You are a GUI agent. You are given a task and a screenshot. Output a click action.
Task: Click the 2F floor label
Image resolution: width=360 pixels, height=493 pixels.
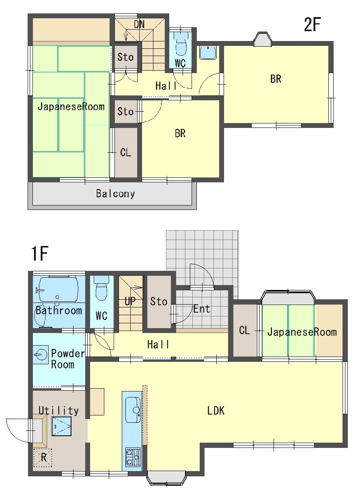[313, 24]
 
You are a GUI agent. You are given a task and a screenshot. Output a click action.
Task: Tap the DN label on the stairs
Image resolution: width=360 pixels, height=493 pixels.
[140, 24]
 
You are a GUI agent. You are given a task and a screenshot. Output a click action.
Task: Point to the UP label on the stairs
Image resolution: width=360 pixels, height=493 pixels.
[130, 301]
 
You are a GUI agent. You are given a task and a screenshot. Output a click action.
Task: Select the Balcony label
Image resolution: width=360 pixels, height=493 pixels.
[115, 194]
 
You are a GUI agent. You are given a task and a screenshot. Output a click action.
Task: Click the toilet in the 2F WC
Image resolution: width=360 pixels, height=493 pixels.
[181, 44]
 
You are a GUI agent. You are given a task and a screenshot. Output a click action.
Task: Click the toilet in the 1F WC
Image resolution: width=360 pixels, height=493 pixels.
[101, 288]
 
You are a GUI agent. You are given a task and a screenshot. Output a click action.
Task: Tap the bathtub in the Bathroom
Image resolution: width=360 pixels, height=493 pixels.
[58, 289]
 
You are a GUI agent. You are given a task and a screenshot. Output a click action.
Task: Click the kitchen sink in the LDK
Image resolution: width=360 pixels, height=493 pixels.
[133, 410]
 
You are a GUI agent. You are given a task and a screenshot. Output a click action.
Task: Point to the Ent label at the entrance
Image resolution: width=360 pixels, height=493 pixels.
[201, 309]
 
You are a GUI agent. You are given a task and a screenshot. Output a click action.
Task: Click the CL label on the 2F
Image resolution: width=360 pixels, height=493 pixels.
[125, 152]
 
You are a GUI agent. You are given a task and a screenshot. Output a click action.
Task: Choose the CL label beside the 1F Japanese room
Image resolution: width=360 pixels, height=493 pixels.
[244, 330]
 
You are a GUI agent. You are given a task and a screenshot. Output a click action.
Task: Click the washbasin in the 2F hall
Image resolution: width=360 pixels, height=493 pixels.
[208, 53]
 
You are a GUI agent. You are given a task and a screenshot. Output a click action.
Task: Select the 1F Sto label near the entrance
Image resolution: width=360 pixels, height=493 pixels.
[159, 301]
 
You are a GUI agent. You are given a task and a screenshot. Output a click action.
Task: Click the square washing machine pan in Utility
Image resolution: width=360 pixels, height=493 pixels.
[61, 426]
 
